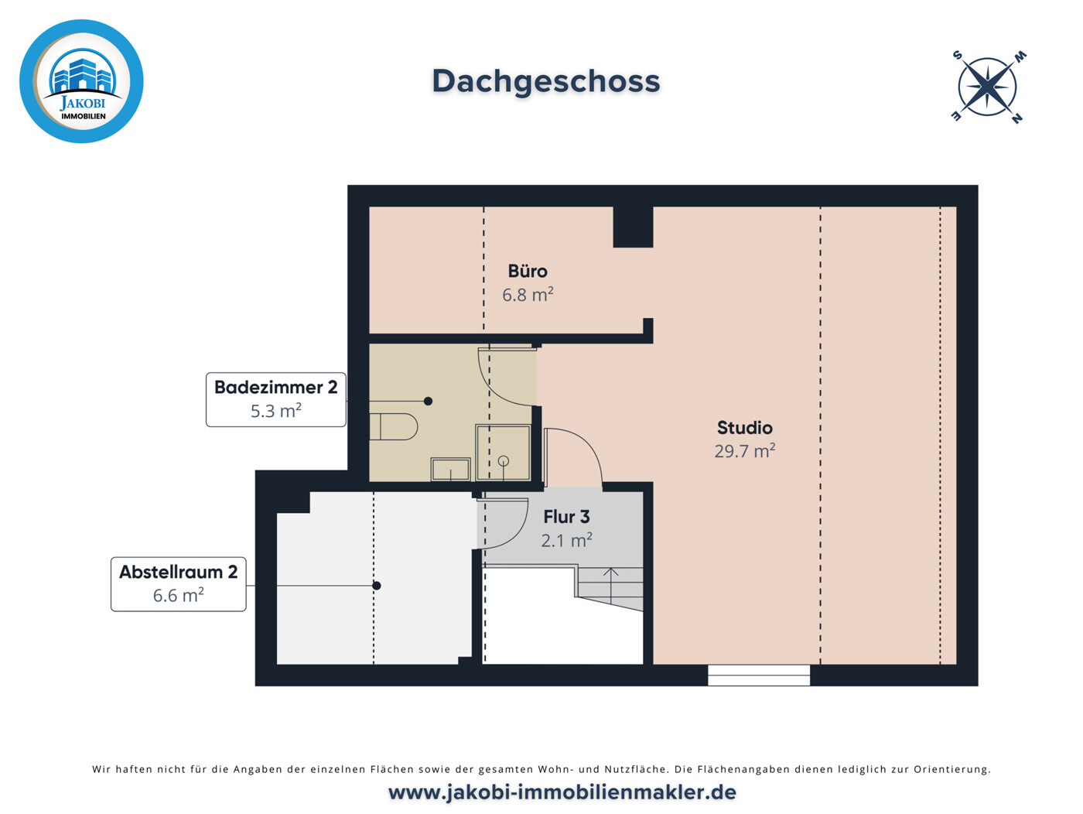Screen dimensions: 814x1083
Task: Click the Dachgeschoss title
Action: [x=545, y=81]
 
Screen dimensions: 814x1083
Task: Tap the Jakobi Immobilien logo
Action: [x=81, y=81]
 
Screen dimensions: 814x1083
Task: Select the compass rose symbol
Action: [x=988, y=87]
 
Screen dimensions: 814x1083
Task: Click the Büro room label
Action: [x=528, y=272]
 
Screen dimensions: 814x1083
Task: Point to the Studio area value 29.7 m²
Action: [x=744, y=451]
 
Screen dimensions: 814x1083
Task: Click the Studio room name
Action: [x=744, y=428]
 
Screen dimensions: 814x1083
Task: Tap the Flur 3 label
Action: [x=566, y=517]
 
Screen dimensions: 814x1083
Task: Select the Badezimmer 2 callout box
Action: [x=275, y=399]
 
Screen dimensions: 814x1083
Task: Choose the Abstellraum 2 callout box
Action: [x=178, y=584]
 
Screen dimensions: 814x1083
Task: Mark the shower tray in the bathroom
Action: [x=504, y=453]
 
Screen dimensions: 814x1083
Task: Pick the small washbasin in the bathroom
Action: [x=450, y=469]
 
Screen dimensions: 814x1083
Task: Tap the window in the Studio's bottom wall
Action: [x=758, y=675]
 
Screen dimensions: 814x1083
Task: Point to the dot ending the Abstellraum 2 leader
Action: [x=377, y=586]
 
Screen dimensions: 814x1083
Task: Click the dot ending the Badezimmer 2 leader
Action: [x=428, y=401]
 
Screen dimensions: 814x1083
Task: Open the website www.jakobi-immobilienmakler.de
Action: [x=562, y=792]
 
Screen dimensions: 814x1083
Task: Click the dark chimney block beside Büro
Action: [x=633, y=227]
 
